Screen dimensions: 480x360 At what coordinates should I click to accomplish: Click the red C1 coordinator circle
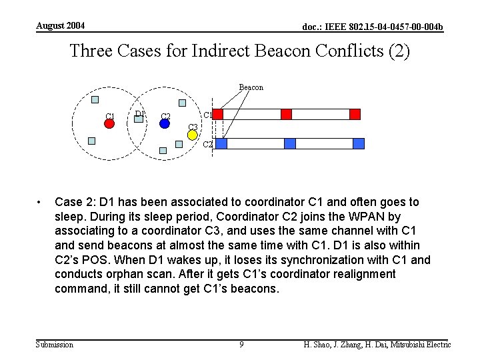[x=110, y=124]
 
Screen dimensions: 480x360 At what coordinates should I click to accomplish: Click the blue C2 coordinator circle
[x=165, y=123]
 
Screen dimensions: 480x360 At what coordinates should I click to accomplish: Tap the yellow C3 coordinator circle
[x=192, y=135]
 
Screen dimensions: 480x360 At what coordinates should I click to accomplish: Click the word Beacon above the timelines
[x=251, y=87]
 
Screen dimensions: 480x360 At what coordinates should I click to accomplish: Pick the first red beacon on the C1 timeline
[x=218, y=114]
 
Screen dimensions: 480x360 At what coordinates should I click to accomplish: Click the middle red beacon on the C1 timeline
[x=286, y=114]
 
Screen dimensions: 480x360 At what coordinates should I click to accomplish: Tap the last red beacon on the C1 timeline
[x=355, y=114]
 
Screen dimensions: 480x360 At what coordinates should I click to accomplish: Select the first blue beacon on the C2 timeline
[x=221, y=143]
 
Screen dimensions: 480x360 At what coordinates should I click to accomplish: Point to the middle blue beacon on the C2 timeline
[x=289, y=143]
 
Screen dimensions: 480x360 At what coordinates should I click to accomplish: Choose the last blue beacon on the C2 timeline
[x=359, y=143]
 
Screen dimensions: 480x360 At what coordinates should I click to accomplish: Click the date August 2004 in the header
[x=61, y=25]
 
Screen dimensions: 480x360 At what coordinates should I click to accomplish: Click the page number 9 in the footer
[x=241, y=345]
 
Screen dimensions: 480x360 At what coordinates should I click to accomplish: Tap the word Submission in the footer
[x=55, y=345]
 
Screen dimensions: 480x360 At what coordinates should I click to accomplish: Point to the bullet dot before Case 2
[x=41, y=202]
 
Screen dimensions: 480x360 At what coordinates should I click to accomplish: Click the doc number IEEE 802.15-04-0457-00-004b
[x=373, y=27]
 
